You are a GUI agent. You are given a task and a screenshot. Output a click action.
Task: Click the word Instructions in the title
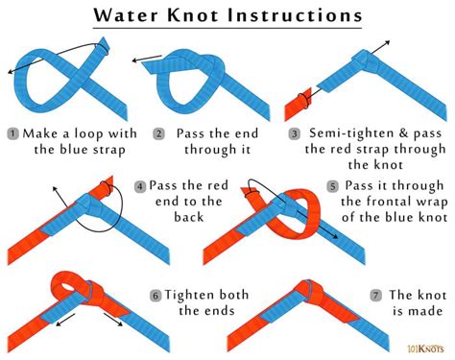pos(297,16)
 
